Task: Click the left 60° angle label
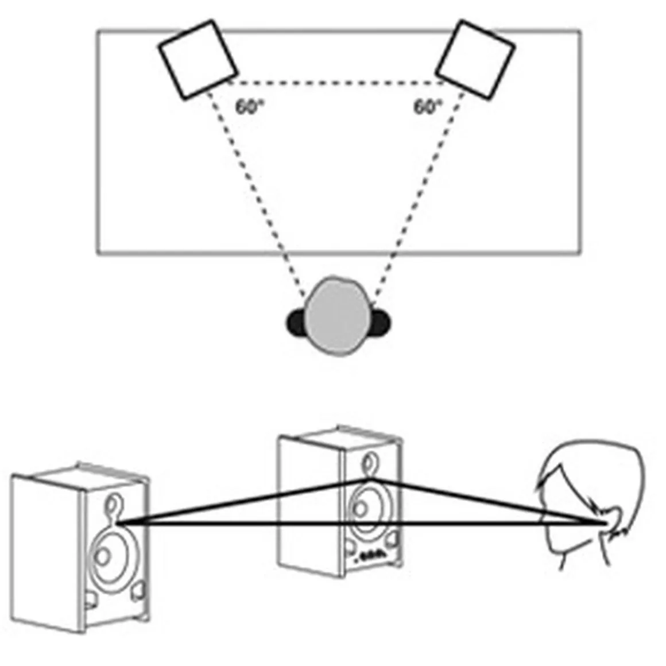click(249, 107)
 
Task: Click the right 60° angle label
click(428, 107)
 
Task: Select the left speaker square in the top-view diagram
click(198, 59)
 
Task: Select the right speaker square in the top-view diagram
click(474, 59)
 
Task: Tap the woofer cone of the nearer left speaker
click(109, 554)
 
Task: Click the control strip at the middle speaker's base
click(372, 556)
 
